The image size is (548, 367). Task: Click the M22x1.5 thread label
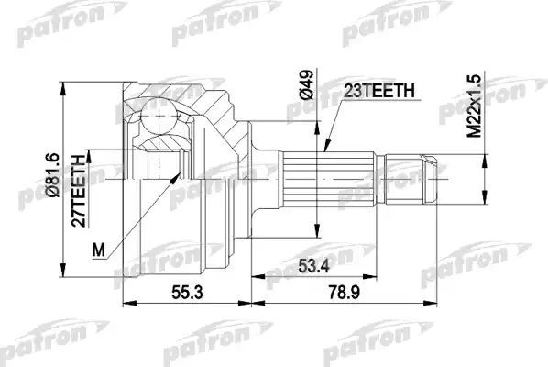tap(474, 106)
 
